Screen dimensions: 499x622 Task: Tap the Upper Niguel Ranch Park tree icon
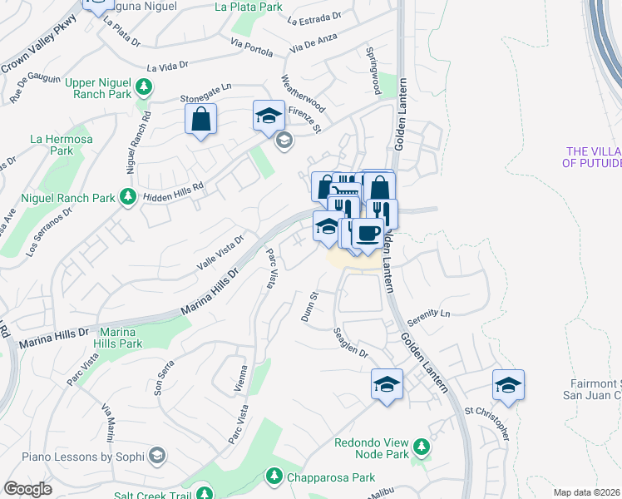point(144,86)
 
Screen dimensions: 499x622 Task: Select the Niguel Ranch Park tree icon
point(127,196)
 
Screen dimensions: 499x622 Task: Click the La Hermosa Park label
point(51,145)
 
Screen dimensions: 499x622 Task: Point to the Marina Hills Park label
point(120,338)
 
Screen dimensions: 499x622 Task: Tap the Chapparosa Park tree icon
point(273,476)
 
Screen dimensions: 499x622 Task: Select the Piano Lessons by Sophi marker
point(155,456)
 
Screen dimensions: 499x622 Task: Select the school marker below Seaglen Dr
point(386,383)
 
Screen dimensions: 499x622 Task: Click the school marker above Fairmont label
point(508,383)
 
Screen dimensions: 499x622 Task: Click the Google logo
point(27,490)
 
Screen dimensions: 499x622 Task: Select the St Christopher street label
point(486,423)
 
